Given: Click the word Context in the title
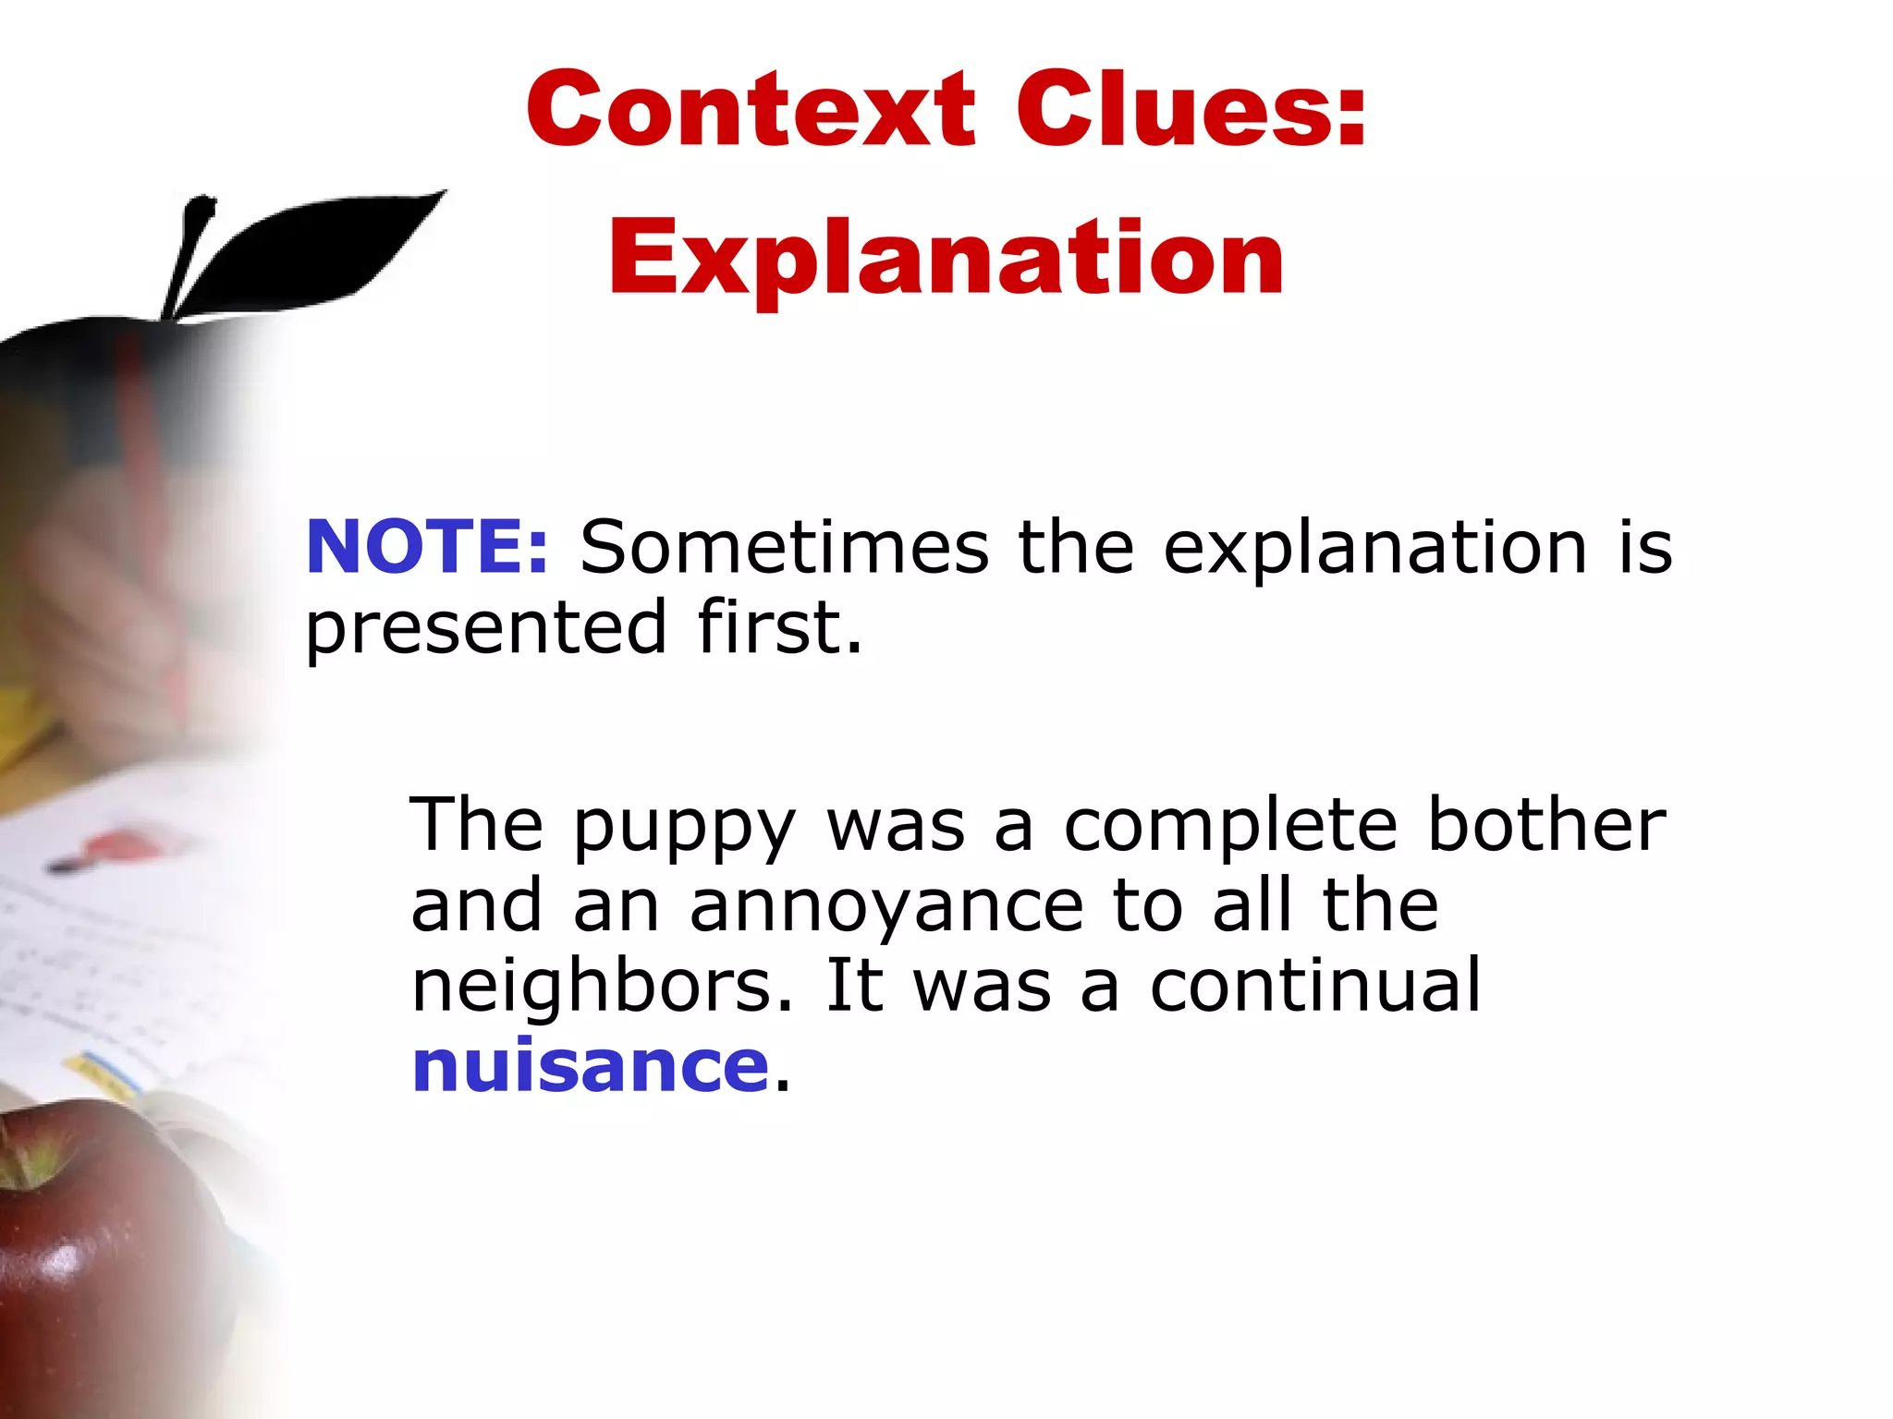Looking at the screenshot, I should point(750,110).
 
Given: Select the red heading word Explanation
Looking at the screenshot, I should point(946,259).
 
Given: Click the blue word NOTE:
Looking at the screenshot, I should point(427,547).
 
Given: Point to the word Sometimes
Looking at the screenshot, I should point(784,547).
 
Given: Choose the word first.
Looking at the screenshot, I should point(779,626).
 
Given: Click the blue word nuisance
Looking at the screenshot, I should point(590,1065).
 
